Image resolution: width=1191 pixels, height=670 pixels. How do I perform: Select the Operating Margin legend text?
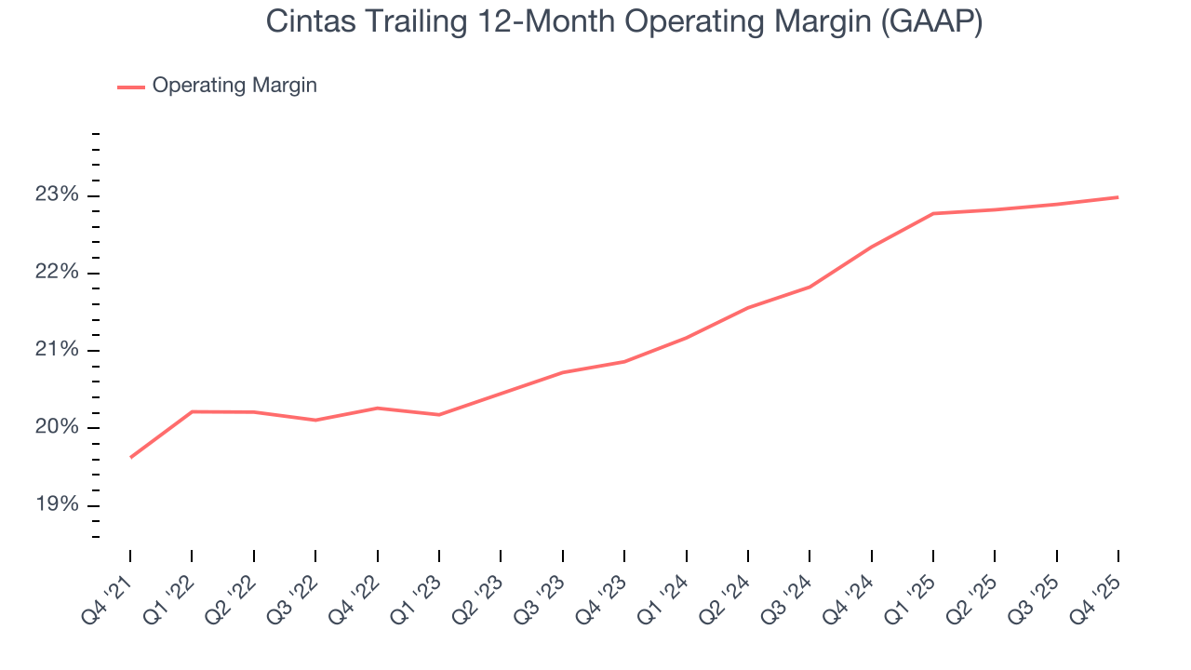[x=234, y=86]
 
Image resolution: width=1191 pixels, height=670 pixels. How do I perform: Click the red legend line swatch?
[x=131, y=87]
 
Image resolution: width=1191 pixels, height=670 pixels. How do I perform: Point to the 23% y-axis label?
[x=58, y=195]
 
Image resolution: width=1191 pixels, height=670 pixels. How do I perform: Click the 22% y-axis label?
[x=58, y=273]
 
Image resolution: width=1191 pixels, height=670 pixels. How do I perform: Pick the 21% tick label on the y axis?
[x=58, y=350]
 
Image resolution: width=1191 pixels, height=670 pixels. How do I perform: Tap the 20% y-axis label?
[x=58, y=428]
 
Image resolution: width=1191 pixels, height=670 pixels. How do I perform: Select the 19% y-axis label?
[x=58, y=505]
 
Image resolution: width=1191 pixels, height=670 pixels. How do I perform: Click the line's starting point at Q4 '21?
[x=130, y=457]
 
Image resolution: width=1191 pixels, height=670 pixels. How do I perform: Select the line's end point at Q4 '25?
[x=1117, y=197]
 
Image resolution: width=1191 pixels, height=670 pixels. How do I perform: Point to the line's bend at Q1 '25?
[x=933, y=214]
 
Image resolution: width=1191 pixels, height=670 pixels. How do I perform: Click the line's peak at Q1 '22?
[x=192, y=411]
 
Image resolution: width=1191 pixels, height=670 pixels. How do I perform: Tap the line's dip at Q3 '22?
[x=315, y=420]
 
